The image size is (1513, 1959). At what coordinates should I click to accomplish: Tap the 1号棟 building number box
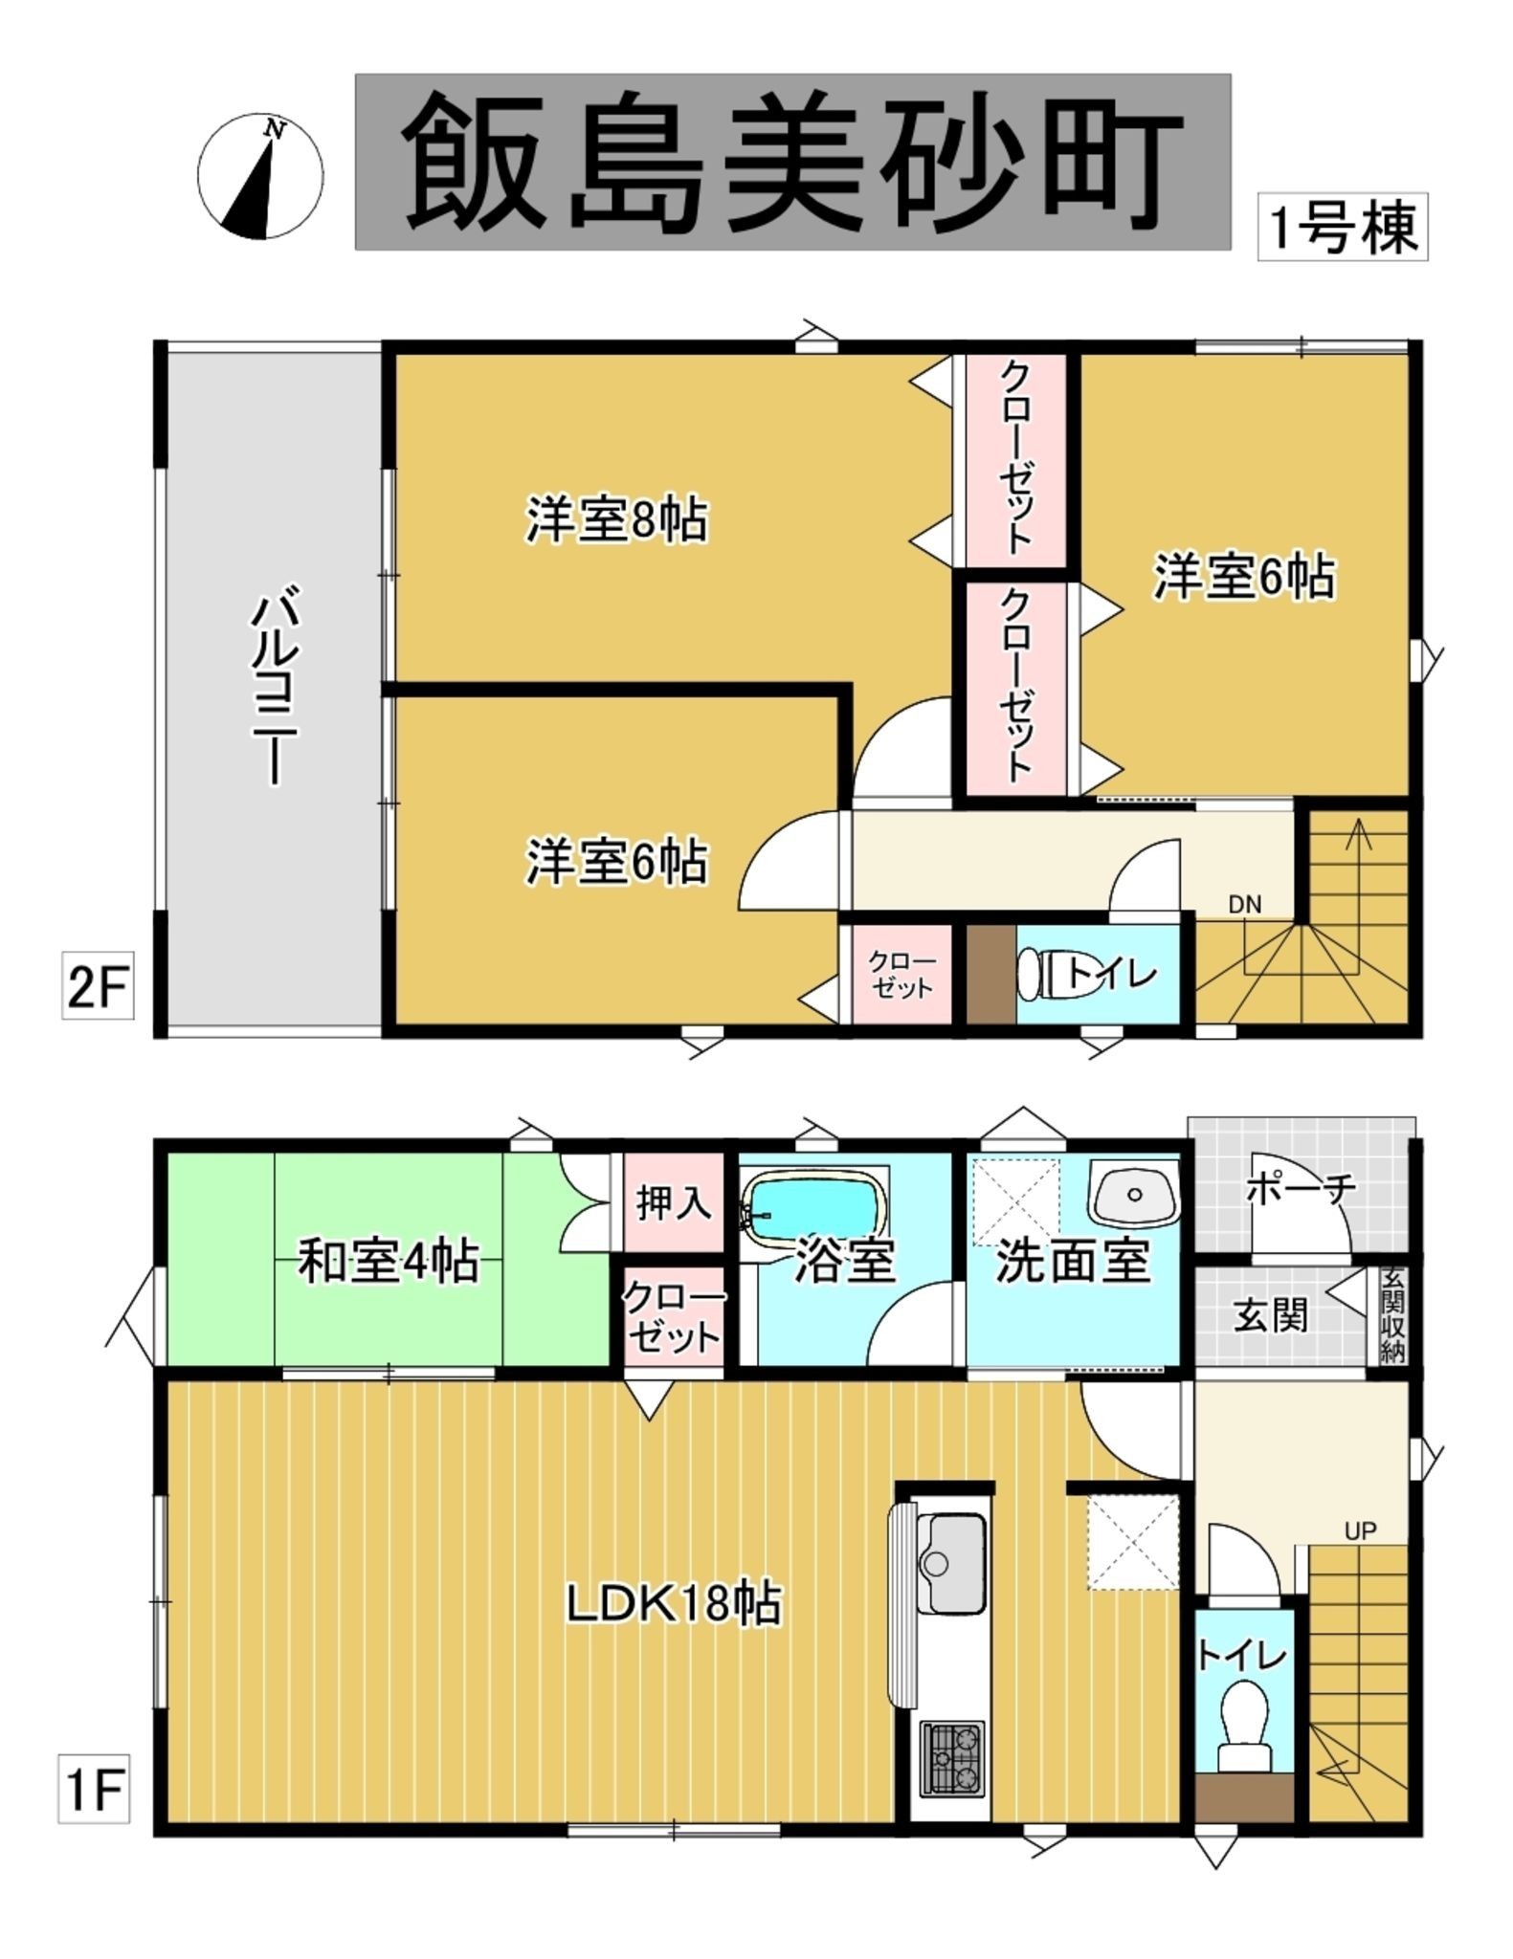pos(1342,227)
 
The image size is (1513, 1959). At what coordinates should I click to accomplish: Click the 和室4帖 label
pos(389,1262)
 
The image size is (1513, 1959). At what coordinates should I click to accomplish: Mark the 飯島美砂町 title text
pos(792,162)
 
